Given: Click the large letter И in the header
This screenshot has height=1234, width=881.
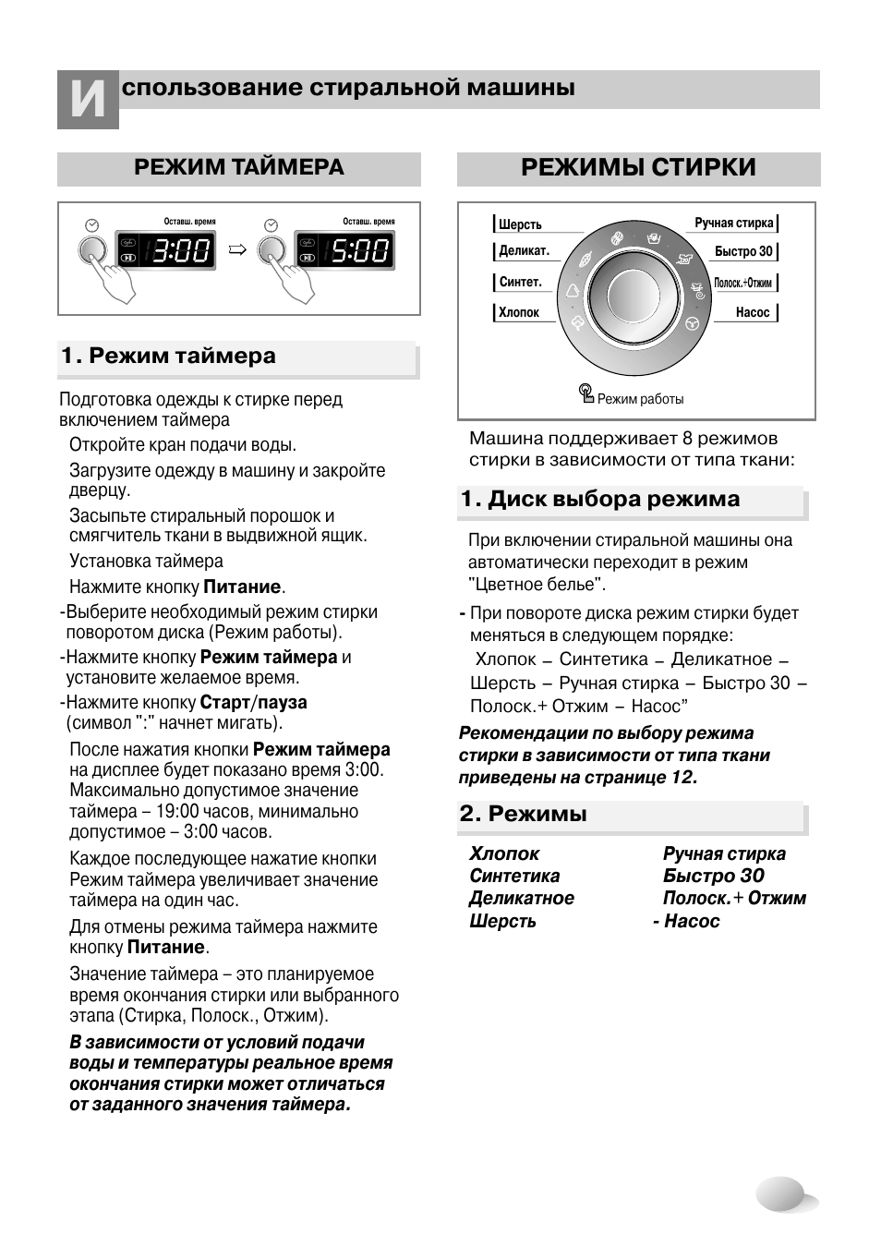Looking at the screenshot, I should pyautogui.click(x=88, y=100).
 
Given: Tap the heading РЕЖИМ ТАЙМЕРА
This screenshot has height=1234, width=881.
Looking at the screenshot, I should pyautogui.click(x=238, y=167).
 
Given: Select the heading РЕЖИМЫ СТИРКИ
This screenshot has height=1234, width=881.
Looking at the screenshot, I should pyautogui.click(x=638, y=167).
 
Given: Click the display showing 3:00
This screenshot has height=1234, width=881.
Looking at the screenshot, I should pyautogui.click(x=180, y=250).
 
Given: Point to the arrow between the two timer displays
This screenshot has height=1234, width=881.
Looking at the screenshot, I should pyautogui.click(x=237, y=249).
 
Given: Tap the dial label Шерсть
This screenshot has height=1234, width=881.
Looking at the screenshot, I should pyautogui.click(x=520, y=224).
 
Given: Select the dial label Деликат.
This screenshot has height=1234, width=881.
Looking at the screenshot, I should pyautogui.click(x=524, y=251).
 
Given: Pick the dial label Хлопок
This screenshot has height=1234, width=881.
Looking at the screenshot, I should pyautogui.click(x=518, y=312).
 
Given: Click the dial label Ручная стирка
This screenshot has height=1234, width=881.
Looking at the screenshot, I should pyautogui.click(x=733, y=223).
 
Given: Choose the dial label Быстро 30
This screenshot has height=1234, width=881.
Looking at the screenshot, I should pyautogui.click(x=742, y=251).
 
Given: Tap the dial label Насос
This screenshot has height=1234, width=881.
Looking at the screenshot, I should pyautogui.click(x=752, y=312).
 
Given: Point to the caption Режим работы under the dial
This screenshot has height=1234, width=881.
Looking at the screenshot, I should pyautogui.click(x=639, y=399).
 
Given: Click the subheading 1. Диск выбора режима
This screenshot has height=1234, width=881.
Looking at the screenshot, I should pyautogui.click(x=600, y=500).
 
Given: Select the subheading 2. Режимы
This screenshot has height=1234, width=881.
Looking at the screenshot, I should pyautogui.click(x=524, y=814).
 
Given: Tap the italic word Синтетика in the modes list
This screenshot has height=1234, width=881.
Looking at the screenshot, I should pyautogui.click(x=514, y=876).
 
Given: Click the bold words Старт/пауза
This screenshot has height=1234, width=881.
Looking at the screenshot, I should pyautogui.click(x=253, y=702).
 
